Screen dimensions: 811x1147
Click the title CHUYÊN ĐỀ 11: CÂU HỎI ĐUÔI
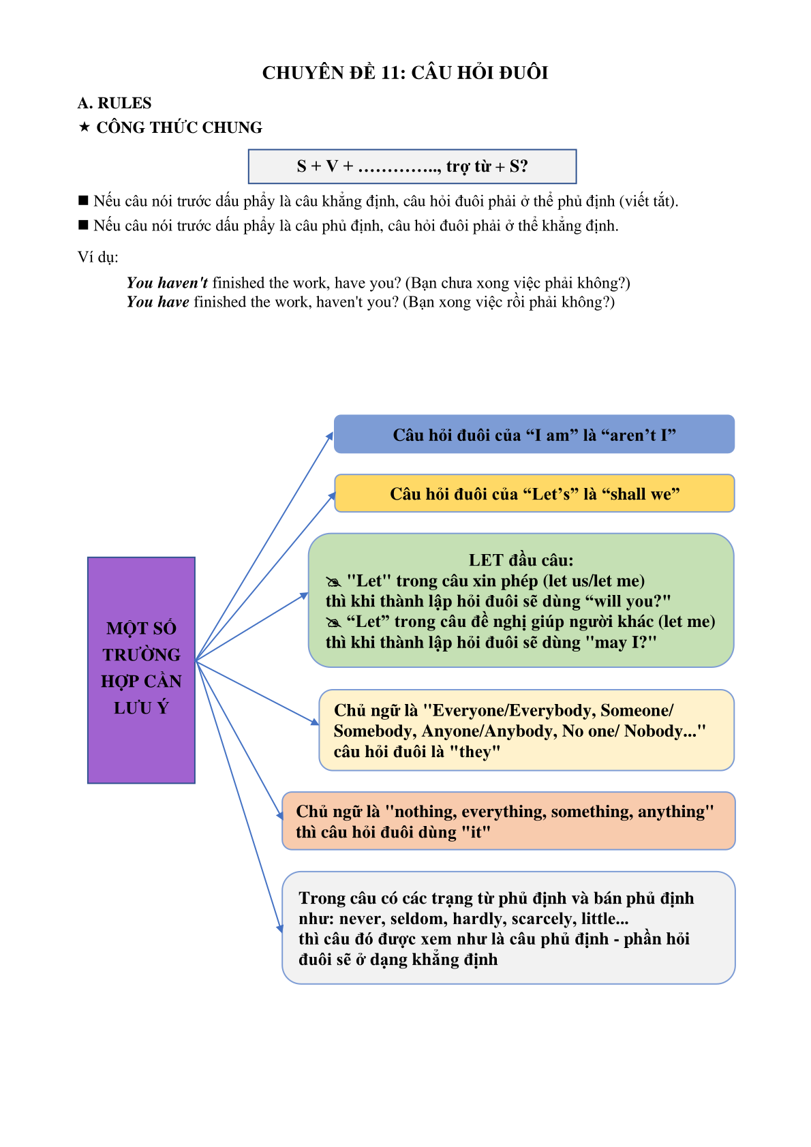point(405,73)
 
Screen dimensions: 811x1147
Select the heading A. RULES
point(114,103)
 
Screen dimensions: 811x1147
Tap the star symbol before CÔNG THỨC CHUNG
point(85,127)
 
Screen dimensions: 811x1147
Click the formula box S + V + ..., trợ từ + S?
point(412,166)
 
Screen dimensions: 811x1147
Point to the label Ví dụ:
point(97,257)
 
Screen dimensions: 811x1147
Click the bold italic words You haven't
point(168,283)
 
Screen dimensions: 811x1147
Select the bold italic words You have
point(158,302)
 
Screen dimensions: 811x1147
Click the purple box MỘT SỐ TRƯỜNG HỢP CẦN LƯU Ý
point(141,670)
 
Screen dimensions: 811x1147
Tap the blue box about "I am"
point(534,434)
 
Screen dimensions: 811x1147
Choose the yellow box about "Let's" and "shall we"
point(534,493)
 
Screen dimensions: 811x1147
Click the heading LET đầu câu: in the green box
point(521,560)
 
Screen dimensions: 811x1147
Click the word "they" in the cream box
point(474,752)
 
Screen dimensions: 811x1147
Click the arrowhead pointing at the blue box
point(329,437)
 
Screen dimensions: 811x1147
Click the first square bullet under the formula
point(83,200)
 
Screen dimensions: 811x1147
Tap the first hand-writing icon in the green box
point(333,582)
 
